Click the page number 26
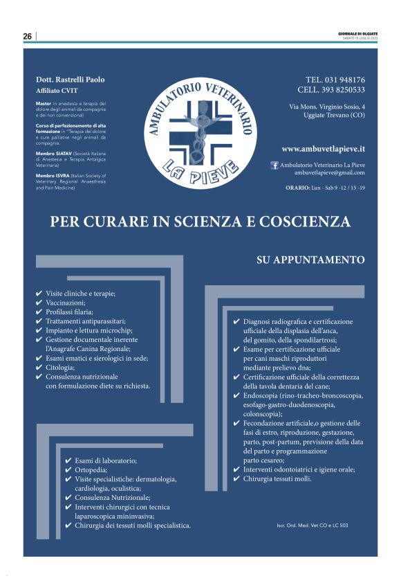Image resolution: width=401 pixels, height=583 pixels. coord(27,37)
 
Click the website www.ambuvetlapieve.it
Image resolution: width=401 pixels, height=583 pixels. coord(324,149)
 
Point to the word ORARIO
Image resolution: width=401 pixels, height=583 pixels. coord(299,188)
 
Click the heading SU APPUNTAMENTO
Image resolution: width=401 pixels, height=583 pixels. coord(310,260)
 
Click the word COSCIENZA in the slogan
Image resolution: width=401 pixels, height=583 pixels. coord(301,222)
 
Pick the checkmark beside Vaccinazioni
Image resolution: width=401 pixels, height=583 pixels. coord(39,303)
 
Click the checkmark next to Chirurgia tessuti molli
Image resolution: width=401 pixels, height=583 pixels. coord(237,478)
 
